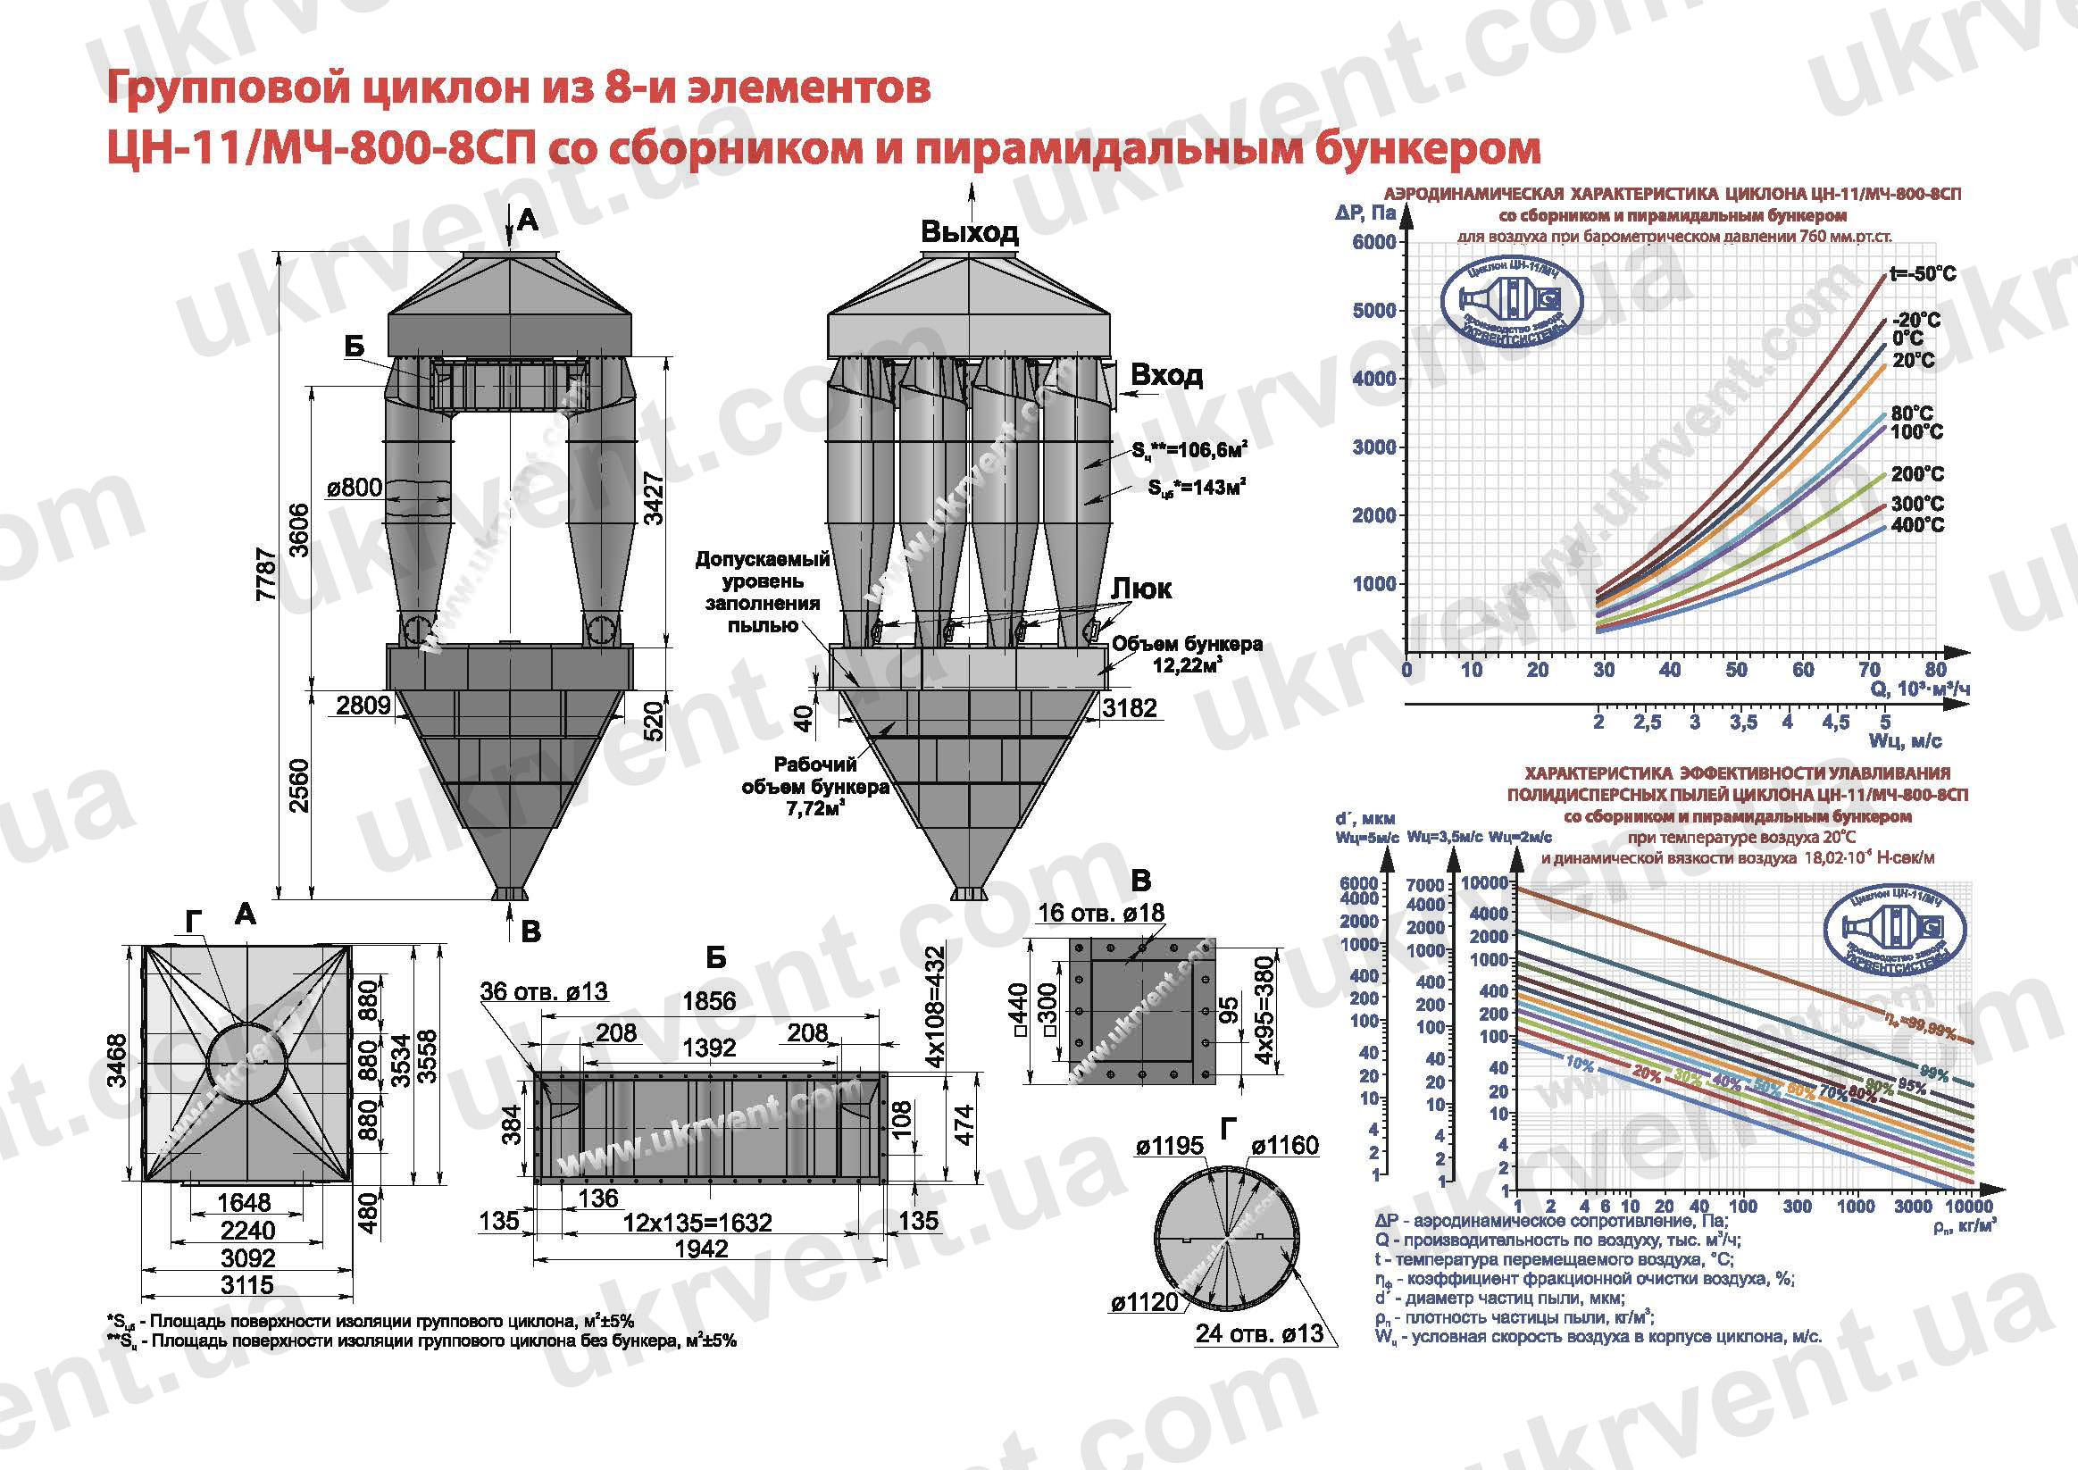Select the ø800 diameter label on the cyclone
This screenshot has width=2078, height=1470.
(x=354, y=488)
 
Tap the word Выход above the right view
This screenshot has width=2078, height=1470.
(x=969, y=231)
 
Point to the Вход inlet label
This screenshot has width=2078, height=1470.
(x=1166, y=374)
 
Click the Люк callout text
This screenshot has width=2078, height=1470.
(x=1141, y=589)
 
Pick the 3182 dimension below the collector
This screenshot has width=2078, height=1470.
(x=1130, y=707)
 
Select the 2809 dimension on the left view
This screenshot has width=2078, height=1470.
(x=363, y=706)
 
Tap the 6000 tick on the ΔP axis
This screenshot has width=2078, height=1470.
(x=1375, y=242)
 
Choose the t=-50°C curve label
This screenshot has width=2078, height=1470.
(x=1923, y=274)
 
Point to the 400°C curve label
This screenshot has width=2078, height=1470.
(x=1917, y=525)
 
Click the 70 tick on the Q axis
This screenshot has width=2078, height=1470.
(x=1870, y=670)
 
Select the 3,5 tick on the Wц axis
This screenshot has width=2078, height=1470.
(x=1743, y=722)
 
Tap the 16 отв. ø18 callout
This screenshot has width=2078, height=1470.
(x=1101, y=913)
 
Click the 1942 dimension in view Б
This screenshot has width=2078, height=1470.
(x=701, y=1249)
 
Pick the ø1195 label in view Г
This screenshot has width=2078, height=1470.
(x=1169, y=1146)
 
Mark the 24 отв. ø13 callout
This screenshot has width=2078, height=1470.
(x=1259, y=1333)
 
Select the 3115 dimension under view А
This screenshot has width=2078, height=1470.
(x=247, y=1284)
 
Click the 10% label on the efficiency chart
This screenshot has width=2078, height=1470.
(x=1580, y=1065)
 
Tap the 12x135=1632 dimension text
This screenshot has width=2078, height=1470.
(x=697, y=1223)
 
